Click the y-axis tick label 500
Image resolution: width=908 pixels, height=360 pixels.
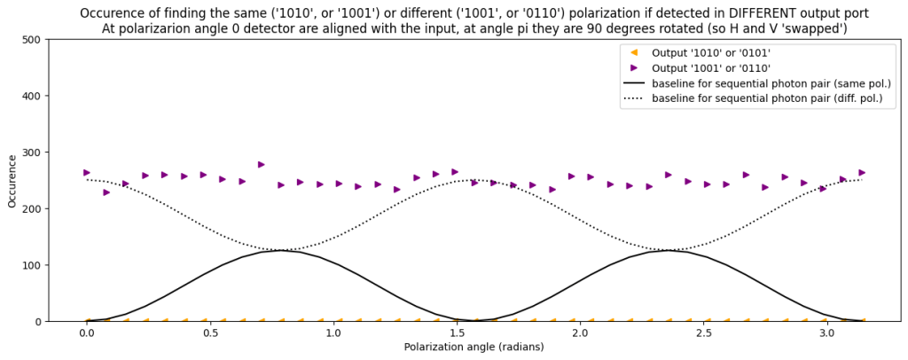coord(30,39)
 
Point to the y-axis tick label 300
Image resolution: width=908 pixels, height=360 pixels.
coord(30,153)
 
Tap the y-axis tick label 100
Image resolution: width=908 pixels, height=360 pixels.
coord(30,265)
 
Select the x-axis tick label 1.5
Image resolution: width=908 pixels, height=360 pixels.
coord(457,333)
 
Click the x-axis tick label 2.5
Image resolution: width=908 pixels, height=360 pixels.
coord(704,333)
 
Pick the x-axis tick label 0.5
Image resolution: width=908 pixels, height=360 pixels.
coord(210,333)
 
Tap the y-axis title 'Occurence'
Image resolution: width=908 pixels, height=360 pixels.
coord(12,181)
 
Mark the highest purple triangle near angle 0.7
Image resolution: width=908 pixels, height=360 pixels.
coord(261,164)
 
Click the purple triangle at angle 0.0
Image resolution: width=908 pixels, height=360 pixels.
coord(87,173)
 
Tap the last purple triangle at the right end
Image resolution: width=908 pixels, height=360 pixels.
coord(862,173)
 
